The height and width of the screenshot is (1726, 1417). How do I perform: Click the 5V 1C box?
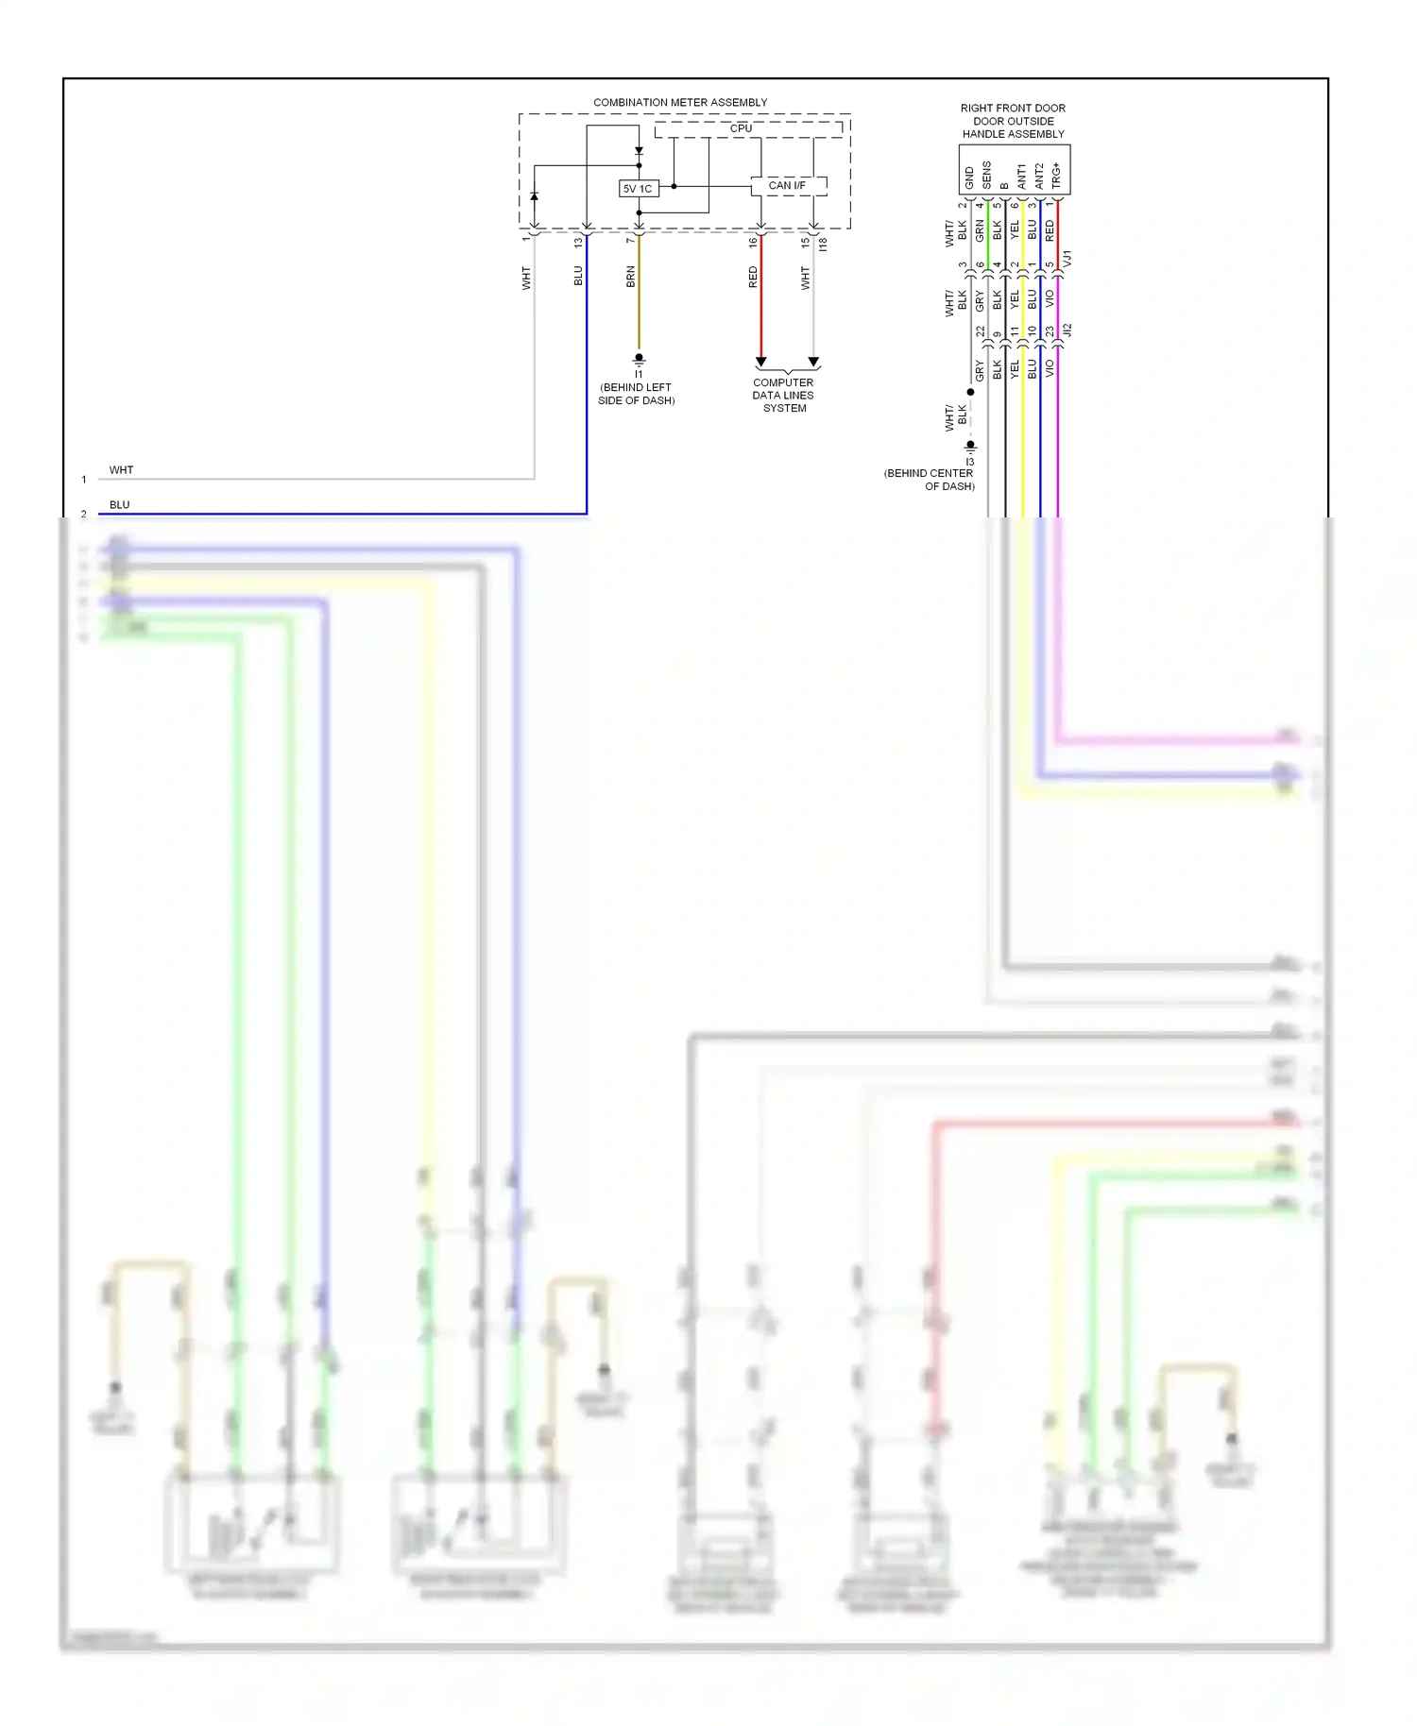pyautogui.click(x=638, y=189)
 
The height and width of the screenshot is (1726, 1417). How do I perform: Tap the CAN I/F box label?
pyautogui.click(x=787, y=186)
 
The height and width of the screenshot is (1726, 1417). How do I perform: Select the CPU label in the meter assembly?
pyautogui.click(x=741, y=128)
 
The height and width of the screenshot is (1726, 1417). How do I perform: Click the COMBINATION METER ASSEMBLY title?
pyautogui.click(x=680, y=102)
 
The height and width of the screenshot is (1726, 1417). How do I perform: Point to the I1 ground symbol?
pyautogui.click(x=639, y=360)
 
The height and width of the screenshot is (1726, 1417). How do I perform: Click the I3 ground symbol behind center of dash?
pyautogui.click(x=970, y=446)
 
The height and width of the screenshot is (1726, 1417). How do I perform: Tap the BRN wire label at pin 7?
pyautogui.click(x=630, y=277)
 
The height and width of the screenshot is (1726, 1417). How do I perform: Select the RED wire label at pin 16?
pyautogui.click(x=753, y=277)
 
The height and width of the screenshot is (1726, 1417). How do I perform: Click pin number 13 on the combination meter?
pyautogui.click(x=578, y=243)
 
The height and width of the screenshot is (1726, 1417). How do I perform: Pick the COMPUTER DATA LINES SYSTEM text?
pyautogui.click(x=784, y=396)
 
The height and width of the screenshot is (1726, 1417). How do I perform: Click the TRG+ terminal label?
pyautogui.click(x=1056, y=176)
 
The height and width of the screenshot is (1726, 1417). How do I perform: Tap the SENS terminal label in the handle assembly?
pyautogui.click(x=987, y=175)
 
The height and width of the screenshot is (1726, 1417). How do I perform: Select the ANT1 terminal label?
pyautogui.click(x=1021, y=177)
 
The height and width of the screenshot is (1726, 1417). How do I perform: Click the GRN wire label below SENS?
pyautogui.click(x=980, y=229)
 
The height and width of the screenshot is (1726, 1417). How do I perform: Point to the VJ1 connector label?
pyautogui.click(x=1067, y=258)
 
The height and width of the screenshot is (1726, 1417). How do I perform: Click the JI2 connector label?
pyautogui.click(x=1067, y=330)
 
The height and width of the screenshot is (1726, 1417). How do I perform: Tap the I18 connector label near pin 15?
pyautogui.click(x=823, y=244)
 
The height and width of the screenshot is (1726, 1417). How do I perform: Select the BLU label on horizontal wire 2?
pyautogui.click(x=119, y=505)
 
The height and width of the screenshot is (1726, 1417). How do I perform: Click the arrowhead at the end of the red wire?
pyautogui.click(x=760, y=363)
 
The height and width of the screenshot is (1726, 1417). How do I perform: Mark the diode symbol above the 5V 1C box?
pyautogui.click(x=639, y=151)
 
